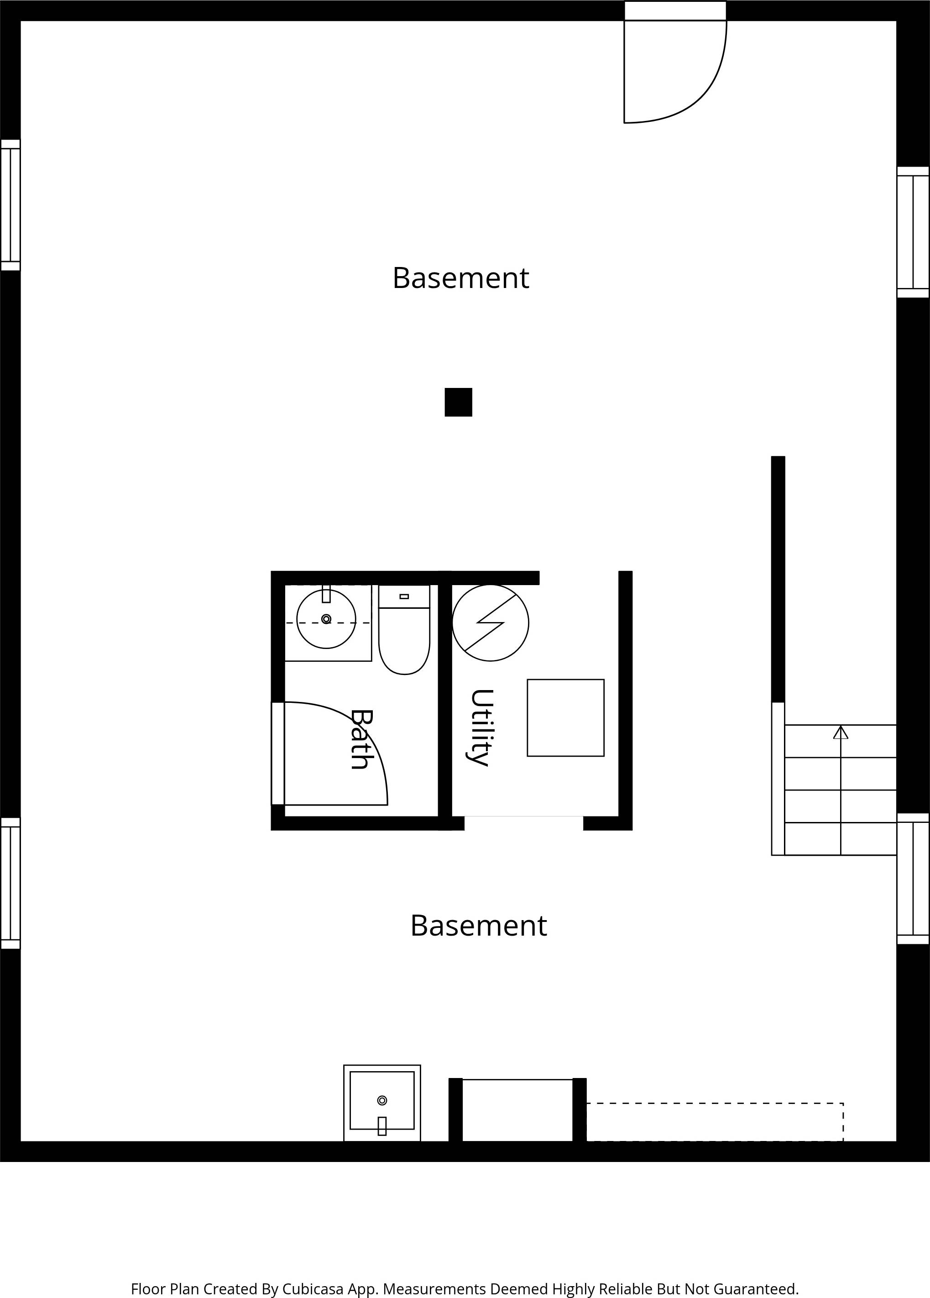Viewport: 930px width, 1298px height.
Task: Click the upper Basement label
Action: [x=461, y=278]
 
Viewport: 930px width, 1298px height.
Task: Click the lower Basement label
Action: [x=478, y=926]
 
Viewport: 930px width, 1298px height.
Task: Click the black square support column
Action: [x=459, y=403]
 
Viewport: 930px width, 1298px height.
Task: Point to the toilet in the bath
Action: [x=404, y=629]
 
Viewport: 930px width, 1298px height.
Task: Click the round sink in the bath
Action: [x=326, y=619]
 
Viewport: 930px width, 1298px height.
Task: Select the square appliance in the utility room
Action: [x=565, y=717]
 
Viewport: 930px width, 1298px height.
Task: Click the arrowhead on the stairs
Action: [x=840, y=732]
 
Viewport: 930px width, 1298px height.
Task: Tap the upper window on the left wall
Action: [x=10, y=205]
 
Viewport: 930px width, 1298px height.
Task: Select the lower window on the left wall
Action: [x=10, y=883]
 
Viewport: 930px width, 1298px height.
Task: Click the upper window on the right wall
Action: [x=913, y=232]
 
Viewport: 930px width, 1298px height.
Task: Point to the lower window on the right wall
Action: [x=913, y=879]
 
